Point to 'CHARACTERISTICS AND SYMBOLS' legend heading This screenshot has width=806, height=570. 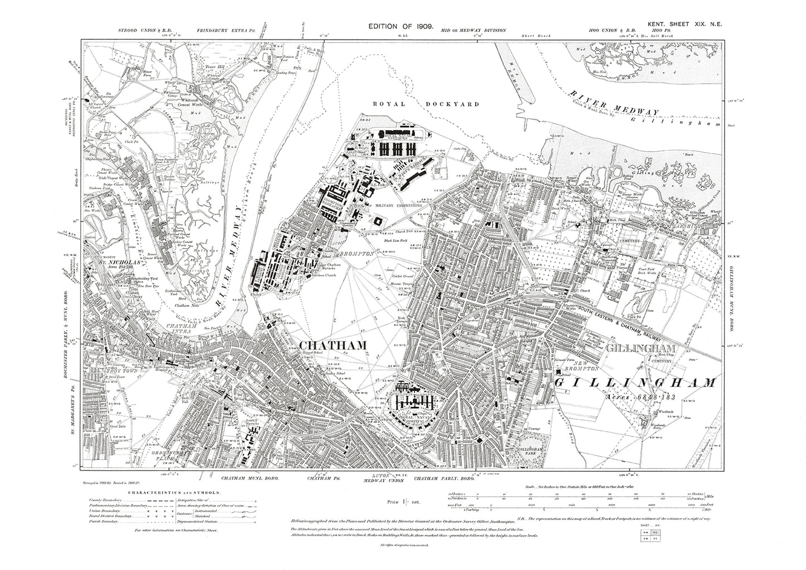(175, 493)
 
